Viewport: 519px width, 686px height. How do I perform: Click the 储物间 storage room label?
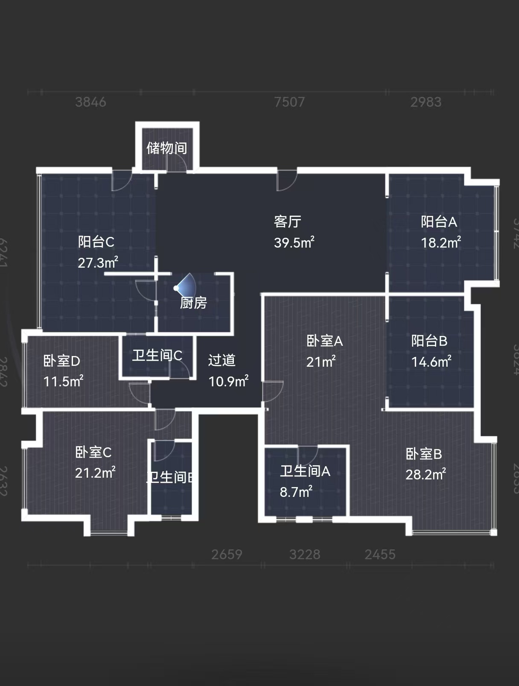[166, 148]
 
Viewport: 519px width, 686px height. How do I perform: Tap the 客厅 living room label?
[287, 222]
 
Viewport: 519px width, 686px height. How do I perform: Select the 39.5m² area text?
[294, 242]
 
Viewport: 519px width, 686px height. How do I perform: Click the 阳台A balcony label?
[439, 222]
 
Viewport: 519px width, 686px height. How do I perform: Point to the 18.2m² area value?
[440, 242]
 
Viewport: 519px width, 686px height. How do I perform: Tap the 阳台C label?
[96, 242]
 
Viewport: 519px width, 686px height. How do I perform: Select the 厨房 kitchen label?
[193, 303]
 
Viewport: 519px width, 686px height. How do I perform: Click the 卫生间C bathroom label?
[157, 355]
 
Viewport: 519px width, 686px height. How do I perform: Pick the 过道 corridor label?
[222, 360]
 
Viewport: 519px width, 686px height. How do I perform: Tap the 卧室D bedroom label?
[61, 361]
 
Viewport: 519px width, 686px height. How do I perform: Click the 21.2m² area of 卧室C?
[95, 473]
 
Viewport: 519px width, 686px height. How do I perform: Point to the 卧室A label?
[324, 341]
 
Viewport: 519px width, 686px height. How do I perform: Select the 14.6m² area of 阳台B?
[431, 362]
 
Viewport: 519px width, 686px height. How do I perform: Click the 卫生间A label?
[305, 471]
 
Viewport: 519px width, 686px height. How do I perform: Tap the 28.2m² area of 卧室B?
[425, 474]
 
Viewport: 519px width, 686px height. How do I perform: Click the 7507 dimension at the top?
[289, 102]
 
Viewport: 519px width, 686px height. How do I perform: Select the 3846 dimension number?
[90, 102]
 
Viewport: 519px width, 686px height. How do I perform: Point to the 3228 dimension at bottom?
[304, 555]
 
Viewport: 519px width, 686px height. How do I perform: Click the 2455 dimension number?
[380, 555]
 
